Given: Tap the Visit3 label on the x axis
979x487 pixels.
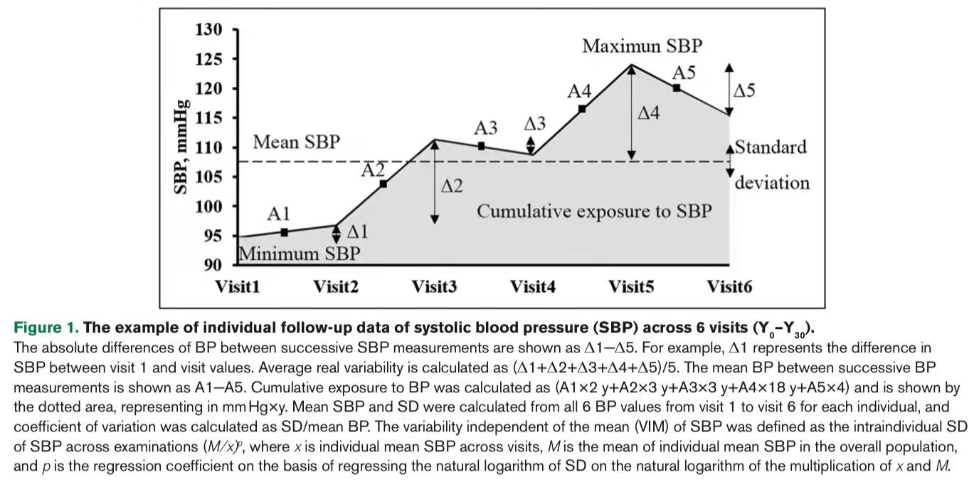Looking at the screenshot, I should click(434, 287).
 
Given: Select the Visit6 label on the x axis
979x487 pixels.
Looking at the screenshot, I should click(729, 287).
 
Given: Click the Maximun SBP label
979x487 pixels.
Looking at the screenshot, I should click(642, 46).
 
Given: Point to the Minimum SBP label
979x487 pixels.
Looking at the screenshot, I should click(299, 253).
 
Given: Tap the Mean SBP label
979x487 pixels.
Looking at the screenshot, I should click(296, 142).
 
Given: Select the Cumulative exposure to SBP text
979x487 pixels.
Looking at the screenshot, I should click(594, 211).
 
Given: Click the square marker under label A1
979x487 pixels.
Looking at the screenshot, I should click(285, 232).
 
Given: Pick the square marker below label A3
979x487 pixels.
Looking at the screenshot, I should click(482, 146).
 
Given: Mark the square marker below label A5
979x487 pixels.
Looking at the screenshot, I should click(677, 88).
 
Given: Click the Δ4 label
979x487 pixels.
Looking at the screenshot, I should click(648, 113).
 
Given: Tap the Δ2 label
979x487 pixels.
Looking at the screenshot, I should click(451, 187).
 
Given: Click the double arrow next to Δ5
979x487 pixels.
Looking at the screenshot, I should click(729, 89).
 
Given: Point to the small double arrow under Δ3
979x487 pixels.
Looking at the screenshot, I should click(531, 145).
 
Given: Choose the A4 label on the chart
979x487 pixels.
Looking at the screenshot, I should click(579, 92).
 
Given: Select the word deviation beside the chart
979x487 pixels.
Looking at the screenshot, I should click(772, 183).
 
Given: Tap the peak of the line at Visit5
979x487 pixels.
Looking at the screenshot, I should click(632, 66).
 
